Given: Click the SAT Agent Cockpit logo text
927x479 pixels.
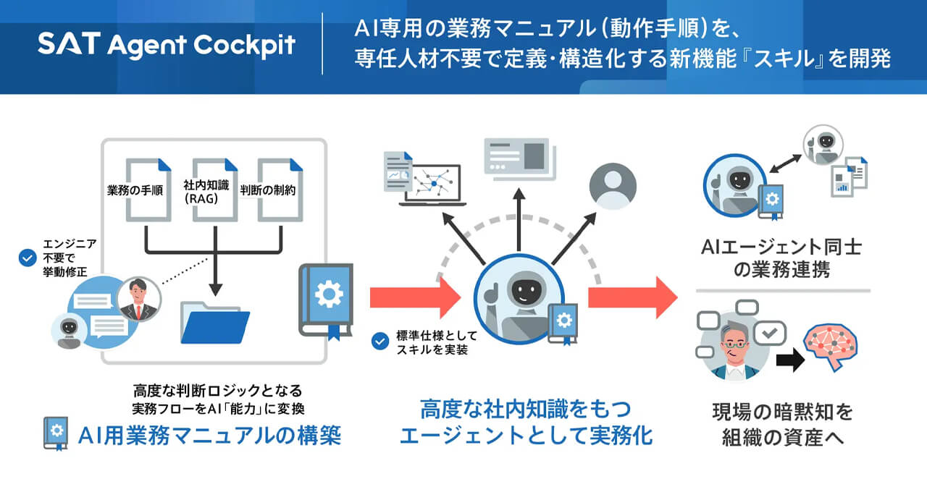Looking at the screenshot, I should [167, 46].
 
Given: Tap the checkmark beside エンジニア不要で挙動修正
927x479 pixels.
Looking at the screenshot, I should [28, 258].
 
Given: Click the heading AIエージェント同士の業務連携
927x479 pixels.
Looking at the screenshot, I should [781, 258].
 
